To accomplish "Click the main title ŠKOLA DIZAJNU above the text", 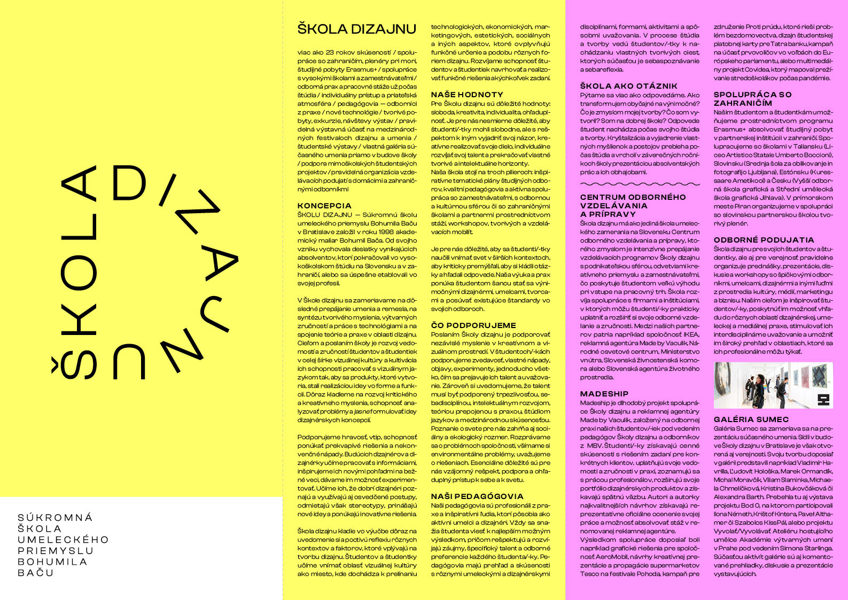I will tap(356, 29).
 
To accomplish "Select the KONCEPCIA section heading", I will tap(324, 206).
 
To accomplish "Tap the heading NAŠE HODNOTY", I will tap(467, 95).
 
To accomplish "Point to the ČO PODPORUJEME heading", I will tap(473, 325).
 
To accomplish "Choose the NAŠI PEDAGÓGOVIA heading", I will tap(477, 496).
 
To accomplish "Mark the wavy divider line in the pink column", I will tap(639, 184).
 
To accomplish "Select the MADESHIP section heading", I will tap(604, 394).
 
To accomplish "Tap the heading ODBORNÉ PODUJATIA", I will tap(764, 240).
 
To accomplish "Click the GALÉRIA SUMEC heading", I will tap(751, 419).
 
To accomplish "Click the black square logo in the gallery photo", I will tap(823, 400).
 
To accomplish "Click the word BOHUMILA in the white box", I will tap(52, 562).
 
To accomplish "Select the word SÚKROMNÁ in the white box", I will tap(55, 518).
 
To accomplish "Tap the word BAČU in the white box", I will tap(36, 573).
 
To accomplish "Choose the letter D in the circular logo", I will tap(129, 181).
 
